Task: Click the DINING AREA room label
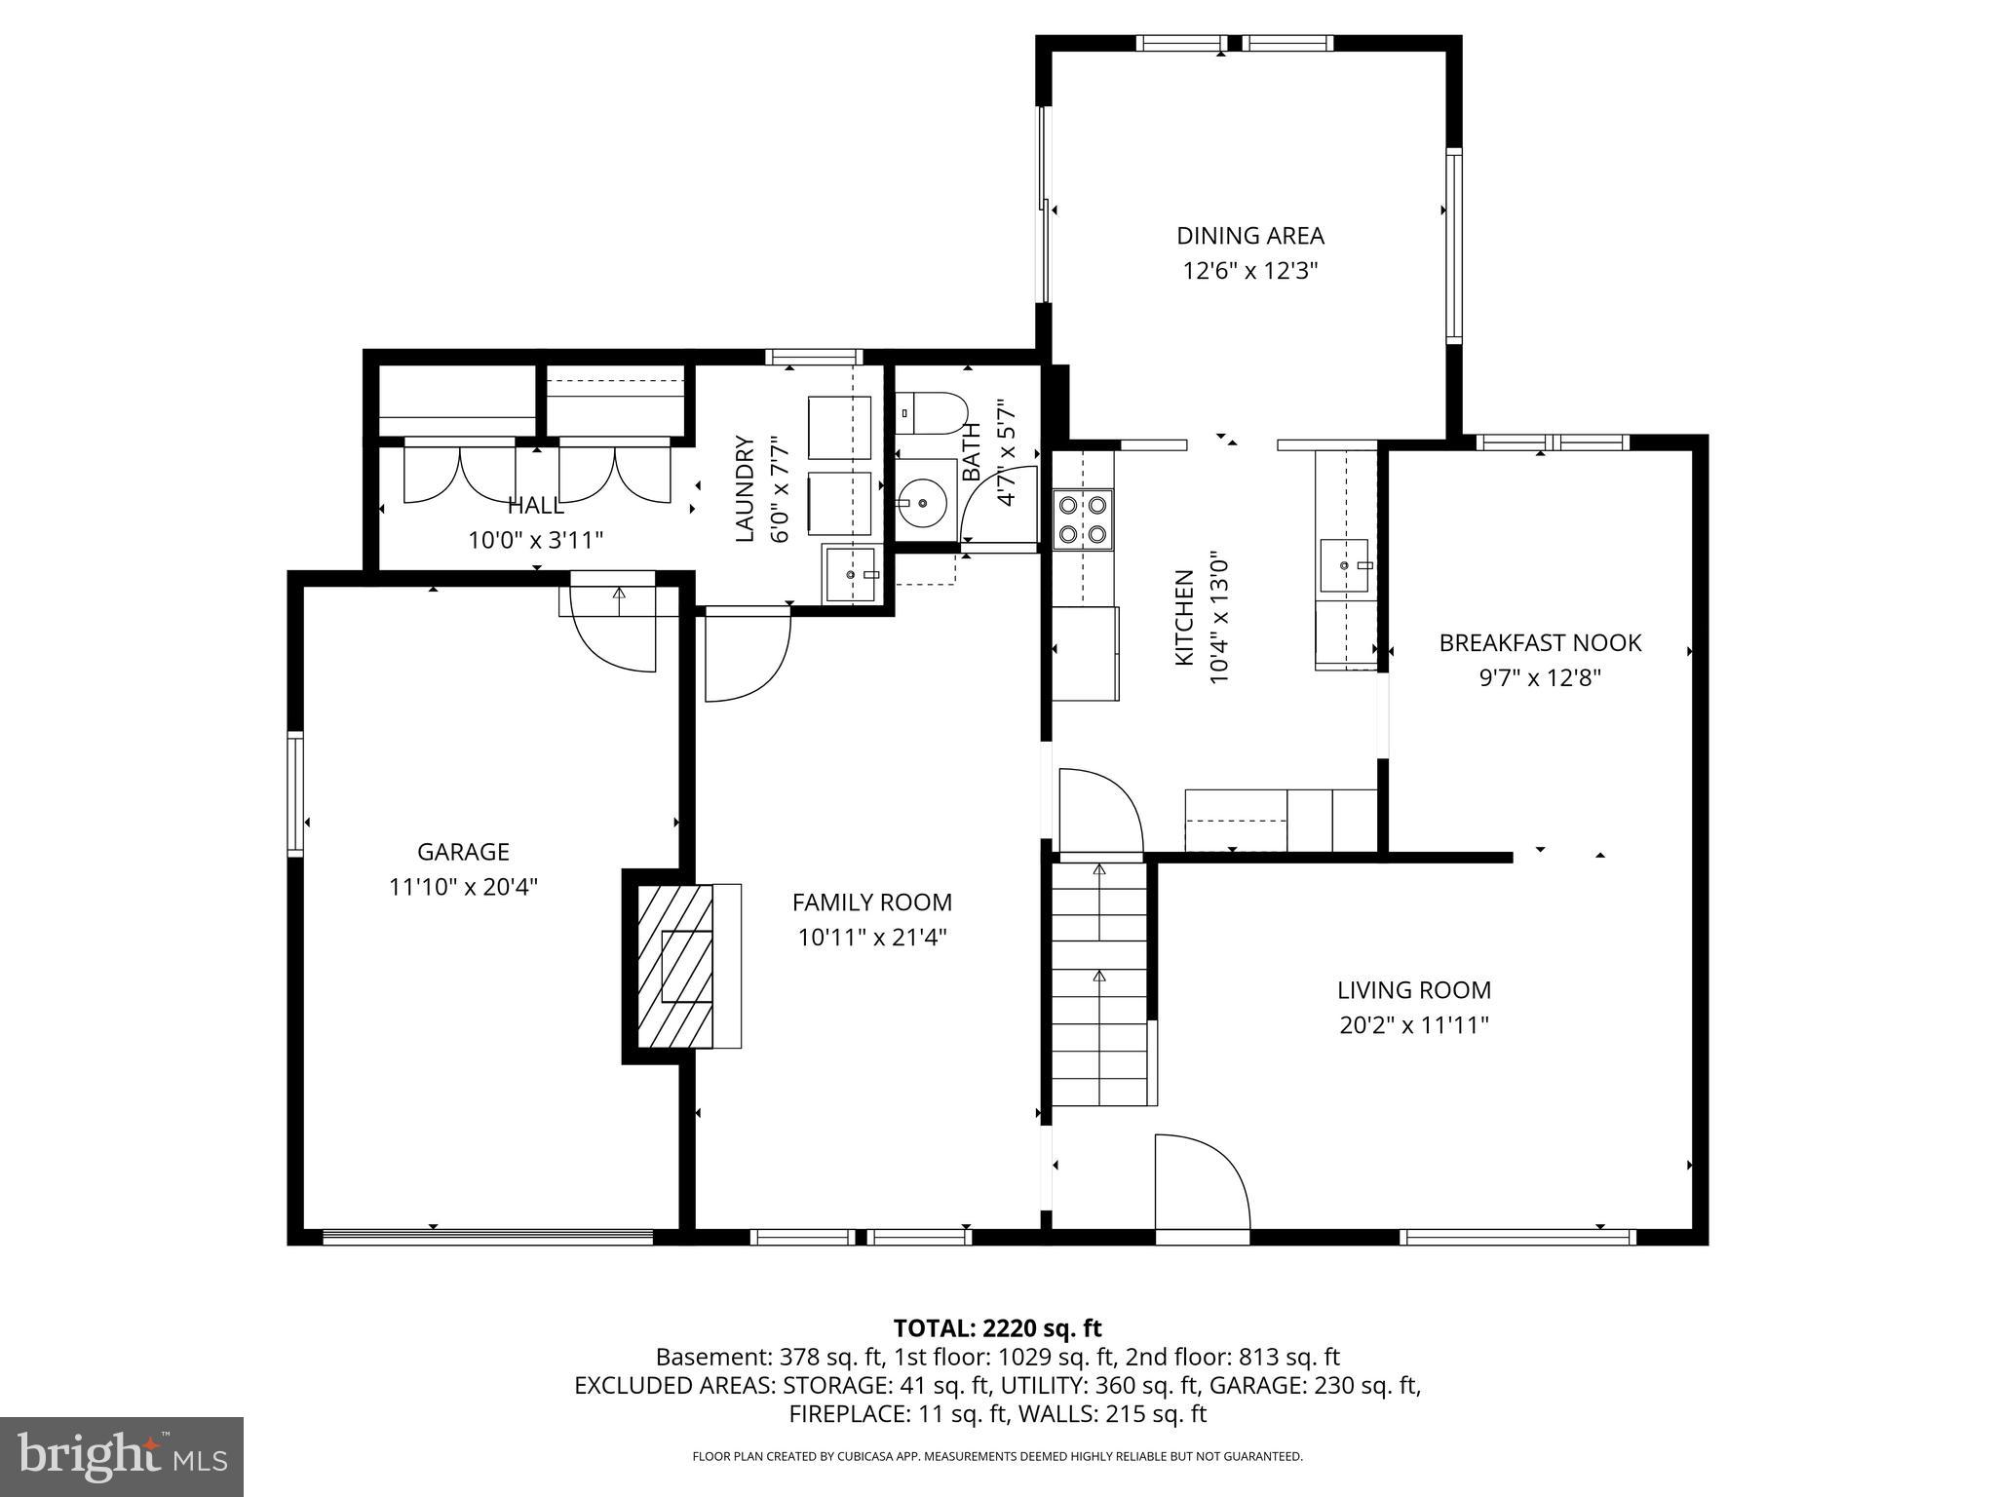point(1249,236)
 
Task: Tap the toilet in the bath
point(931,413)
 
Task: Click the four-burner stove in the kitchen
point(1083,519)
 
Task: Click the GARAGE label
point(463,852)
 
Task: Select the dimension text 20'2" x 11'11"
point(1413,1025)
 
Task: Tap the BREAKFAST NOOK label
point(1540,643)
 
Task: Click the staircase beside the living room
point(1100,984)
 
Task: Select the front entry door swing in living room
point(1201,1183)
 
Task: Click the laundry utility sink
point(852,575)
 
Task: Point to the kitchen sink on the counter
point(1344,565)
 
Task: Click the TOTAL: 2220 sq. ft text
point(997,1328)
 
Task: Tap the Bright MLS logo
point(122,1457)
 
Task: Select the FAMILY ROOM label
point(871,902)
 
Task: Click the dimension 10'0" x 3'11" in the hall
point(535,540)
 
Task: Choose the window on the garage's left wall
point(294,793)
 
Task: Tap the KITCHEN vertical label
point(1184,618)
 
